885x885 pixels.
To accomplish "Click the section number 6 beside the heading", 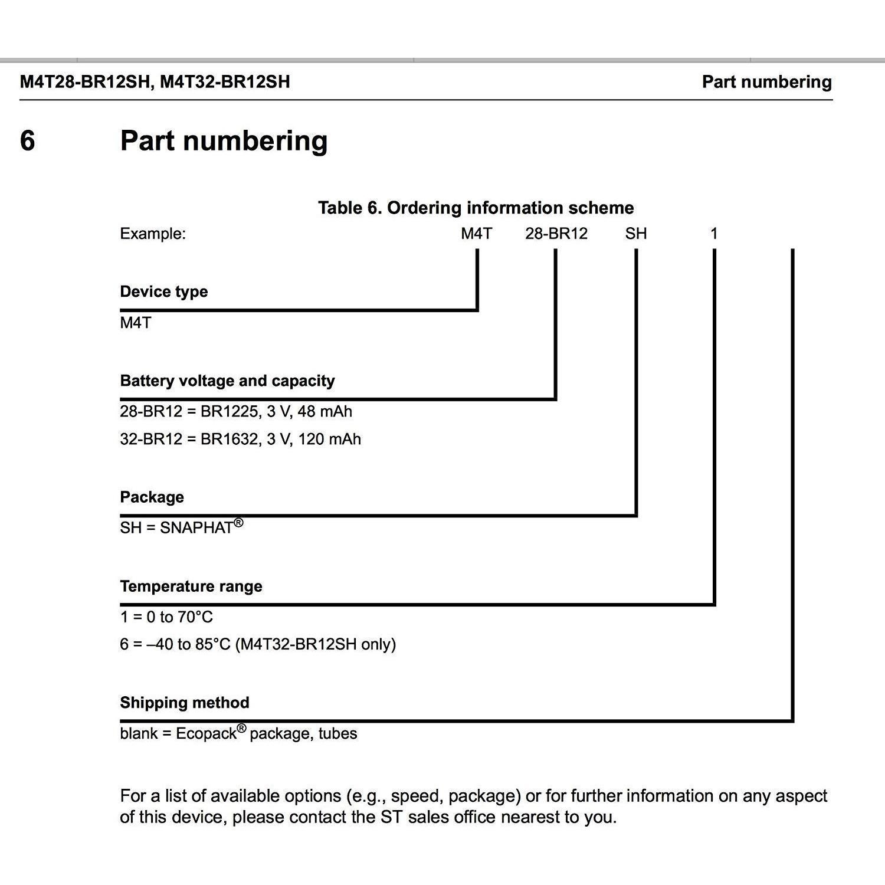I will pos(27,141).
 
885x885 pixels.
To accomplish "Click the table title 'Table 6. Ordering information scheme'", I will pos(476,208).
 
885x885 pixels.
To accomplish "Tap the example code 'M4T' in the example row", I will pos(476,234).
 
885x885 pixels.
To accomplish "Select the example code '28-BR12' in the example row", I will pos(556,234).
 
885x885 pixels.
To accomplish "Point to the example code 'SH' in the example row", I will pos(636,234).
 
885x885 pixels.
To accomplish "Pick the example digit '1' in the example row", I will pos(714,234).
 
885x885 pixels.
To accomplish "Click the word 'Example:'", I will pos(153,234).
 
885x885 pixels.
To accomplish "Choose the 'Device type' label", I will pos(164,291).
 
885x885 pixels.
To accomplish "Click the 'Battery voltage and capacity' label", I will pos(227,381).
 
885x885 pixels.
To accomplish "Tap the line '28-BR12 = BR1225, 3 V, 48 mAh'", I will pos(236,411).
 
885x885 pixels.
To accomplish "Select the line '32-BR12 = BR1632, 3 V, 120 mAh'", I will pos(240,439).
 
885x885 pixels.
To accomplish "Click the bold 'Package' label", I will pos(152,497).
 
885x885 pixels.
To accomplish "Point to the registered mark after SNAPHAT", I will pos(238,522).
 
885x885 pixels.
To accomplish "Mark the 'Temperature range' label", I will pos(191,586).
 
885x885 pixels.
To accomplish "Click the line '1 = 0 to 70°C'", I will pos(166,617).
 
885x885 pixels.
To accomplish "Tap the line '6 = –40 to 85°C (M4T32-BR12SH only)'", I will pos(258,644).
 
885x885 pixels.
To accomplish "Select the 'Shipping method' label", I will pos(185,703).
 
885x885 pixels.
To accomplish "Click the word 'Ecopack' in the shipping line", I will pos(206,733).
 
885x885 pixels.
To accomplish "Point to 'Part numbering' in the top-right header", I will pos(766,81).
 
